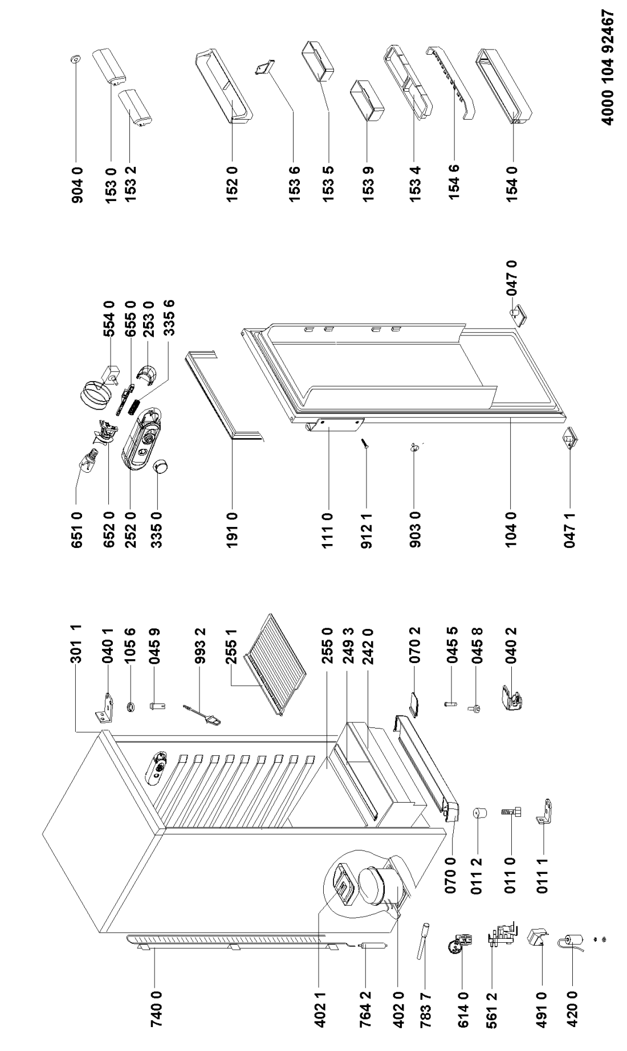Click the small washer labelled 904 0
pos(76,58)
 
